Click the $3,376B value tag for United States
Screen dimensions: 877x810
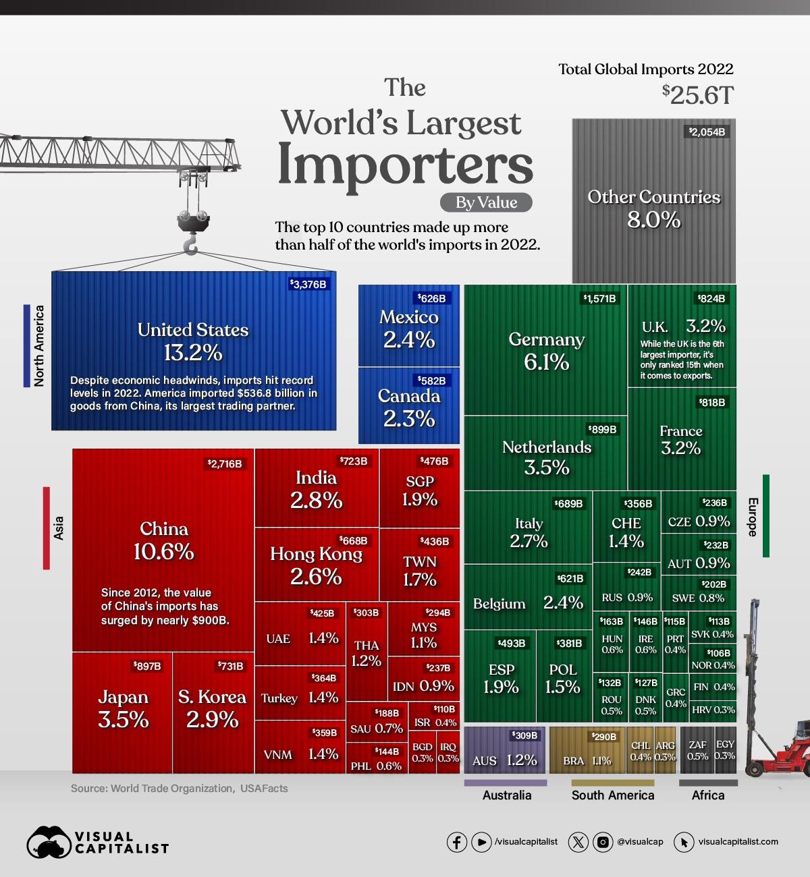coord(308,284)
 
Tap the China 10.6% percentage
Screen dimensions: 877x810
coord(163,551)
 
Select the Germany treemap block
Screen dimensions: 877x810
coord(545,351)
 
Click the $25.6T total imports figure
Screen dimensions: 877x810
coord(697,95)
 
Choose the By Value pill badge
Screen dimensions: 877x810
coord(486,202)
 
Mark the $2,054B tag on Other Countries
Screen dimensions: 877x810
coord(707,132)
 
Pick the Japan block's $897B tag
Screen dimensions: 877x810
coord(147,666)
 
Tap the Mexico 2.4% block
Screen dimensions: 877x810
coord(408,326)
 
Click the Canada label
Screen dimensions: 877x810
coord(408,396)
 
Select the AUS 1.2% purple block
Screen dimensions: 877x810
coord(504,750)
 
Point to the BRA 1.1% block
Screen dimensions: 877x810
coord(587,750)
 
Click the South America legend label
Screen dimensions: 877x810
coord(612,795)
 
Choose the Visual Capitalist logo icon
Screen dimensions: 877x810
coord(49,842)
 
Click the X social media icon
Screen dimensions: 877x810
coord(578,842)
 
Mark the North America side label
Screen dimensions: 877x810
coord(39,345)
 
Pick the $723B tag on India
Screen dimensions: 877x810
coord(353,461)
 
